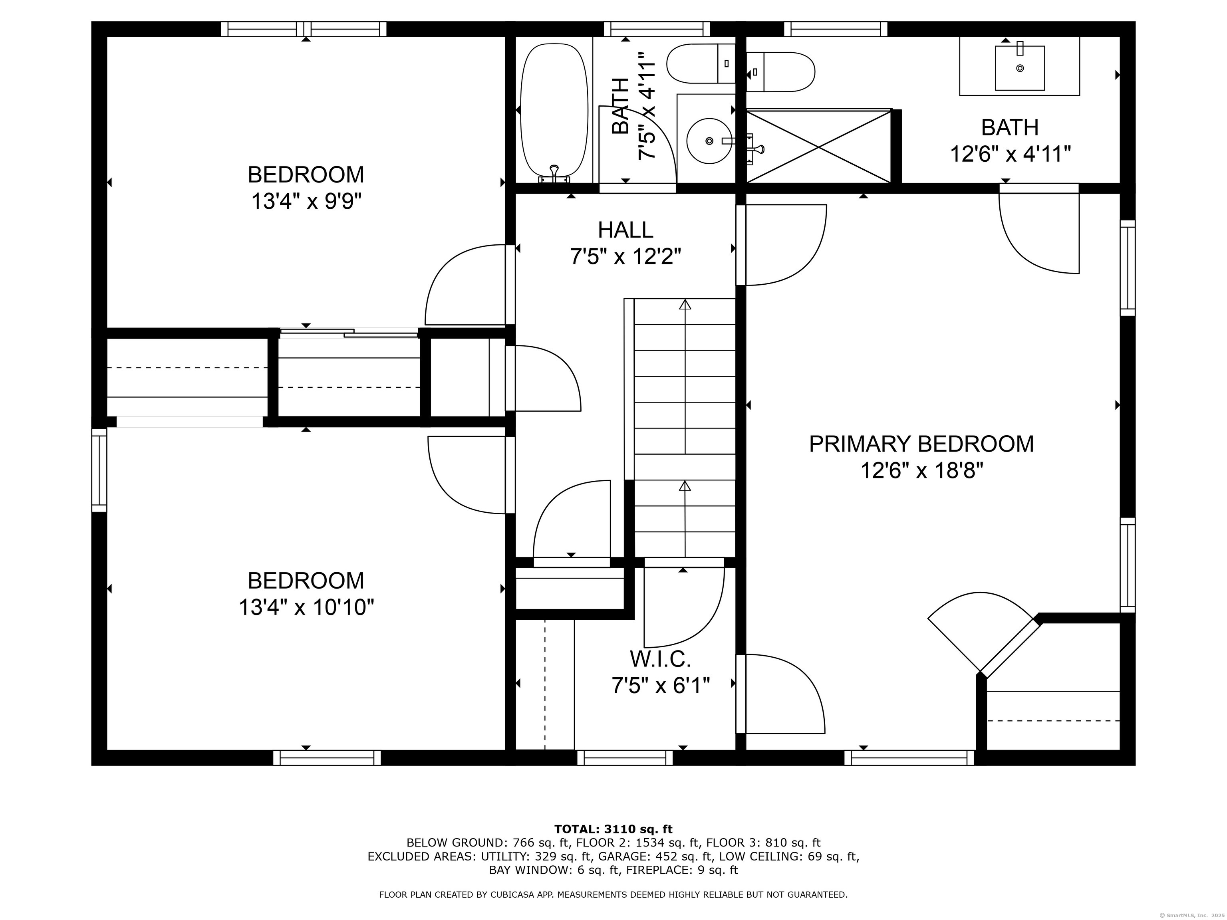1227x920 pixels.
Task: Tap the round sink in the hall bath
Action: click(709, 141)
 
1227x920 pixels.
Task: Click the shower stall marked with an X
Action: click(819, 146)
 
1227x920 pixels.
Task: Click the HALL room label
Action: click(626, 230)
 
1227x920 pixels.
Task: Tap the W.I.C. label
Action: click(660, 659)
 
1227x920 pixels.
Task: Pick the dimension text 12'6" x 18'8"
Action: click(922, 471)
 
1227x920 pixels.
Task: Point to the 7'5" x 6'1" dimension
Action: click(661, 686)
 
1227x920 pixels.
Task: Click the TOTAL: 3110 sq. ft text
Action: click(613, 829)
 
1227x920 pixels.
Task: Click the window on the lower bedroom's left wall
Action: click(99, 470)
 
